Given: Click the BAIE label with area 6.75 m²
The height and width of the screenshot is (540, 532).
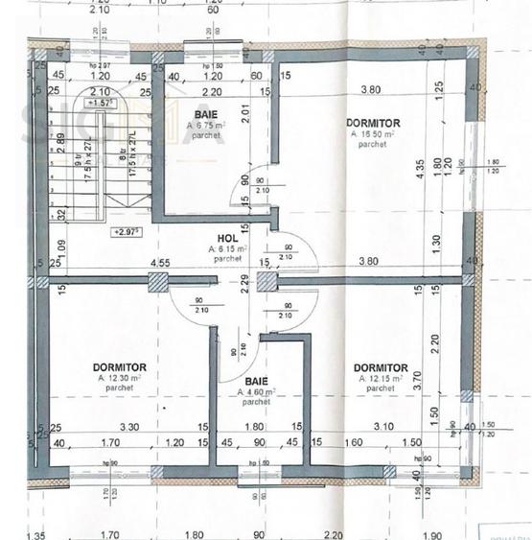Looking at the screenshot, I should tap(203, 114).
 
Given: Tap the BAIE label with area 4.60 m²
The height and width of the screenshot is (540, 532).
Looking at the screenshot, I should tap(255, 381).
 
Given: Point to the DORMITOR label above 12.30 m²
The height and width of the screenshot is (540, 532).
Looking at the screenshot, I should tap(120, 367).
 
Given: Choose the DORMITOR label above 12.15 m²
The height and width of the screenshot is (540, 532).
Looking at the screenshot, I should tap(380, 367).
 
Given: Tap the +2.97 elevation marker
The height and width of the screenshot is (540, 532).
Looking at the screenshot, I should tap(126, 231).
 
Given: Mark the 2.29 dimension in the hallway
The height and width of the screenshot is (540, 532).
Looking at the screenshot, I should tap(245, 281).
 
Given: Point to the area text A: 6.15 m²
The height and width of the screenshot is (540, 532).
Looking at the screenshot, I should tap(226, 248).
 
